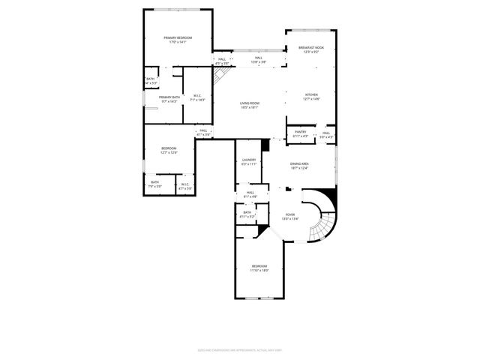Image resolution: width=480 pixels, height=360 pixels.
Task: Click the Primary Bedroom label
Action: click(178, 37)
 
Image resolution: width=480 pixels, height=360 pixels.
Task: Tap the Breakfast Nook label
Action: click(310, 47)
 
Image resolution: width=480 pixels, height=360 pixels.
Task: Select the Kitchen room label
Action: click(310, 94)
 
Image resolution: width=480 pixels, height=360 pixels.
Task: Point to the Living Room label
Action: click(250, 103)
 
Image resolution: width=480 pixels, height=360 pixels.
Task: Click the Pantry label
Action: click(300, 132)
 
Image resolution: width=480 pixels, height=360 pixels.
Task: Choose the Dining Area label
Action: click(300, 163)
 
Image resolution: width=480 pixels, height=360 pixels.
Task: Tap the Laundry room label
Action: click(250, 160)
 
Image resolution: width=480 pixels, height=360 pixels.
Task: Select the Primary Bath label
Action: click(169, 97)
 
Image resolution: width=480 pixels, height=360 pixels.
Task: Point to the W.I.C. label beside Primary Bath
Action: click(197, 95)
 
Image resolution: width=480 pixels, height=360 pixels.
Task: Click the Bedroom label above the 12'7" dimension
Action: click(169, 148)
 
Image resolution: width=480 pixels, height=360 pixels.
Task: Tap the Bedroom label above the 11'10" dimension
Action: click(259, 266)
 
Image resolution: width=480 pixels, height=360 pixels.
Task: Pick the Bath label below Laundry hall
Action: click(247, 212)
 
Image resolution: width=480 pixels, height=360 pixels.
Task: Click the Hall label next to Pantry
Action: click(325, 133)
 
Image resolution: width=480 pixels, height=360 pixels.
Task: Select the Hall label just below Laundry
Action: click(250, 193)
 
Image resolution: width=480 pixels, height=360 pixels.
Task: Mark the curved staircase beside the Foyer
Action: click(324, 217)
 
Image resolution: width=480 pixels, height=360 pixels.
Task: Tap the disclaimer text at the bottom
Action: click(240, 349)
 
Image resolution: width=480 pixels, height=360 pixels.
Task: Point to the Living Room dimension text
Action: click(250, 107)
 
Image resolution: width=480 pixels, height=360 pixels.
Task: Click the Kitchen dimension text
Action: click(310, 99)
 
